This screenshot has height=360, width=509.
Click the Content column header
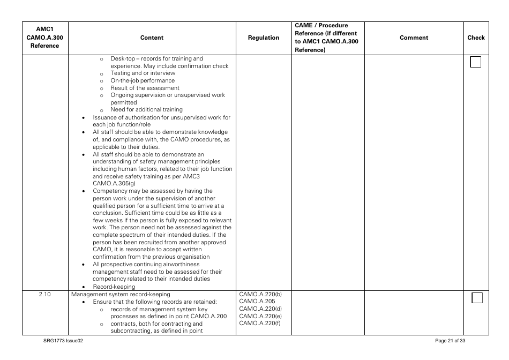point(152,38)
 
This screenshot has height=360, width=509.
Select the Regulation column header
point(264,38)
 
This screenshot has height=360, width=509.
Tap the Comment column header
point(414,38)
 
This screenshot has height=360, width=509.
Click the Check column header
point(476,38)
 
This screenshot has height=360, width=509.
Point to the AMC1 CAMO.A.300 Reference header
point(45,38)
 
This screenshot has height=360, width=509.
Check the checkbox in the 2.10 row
point(477,298)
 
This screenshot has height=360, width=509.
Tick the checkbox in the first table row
point(476,62)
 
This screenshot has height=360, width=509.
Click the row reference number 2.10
point(45,294)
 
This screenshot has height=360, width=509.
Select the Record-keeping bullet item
point(114,287)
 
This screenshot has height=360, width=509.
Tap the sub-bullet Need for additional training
point(146,110)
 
